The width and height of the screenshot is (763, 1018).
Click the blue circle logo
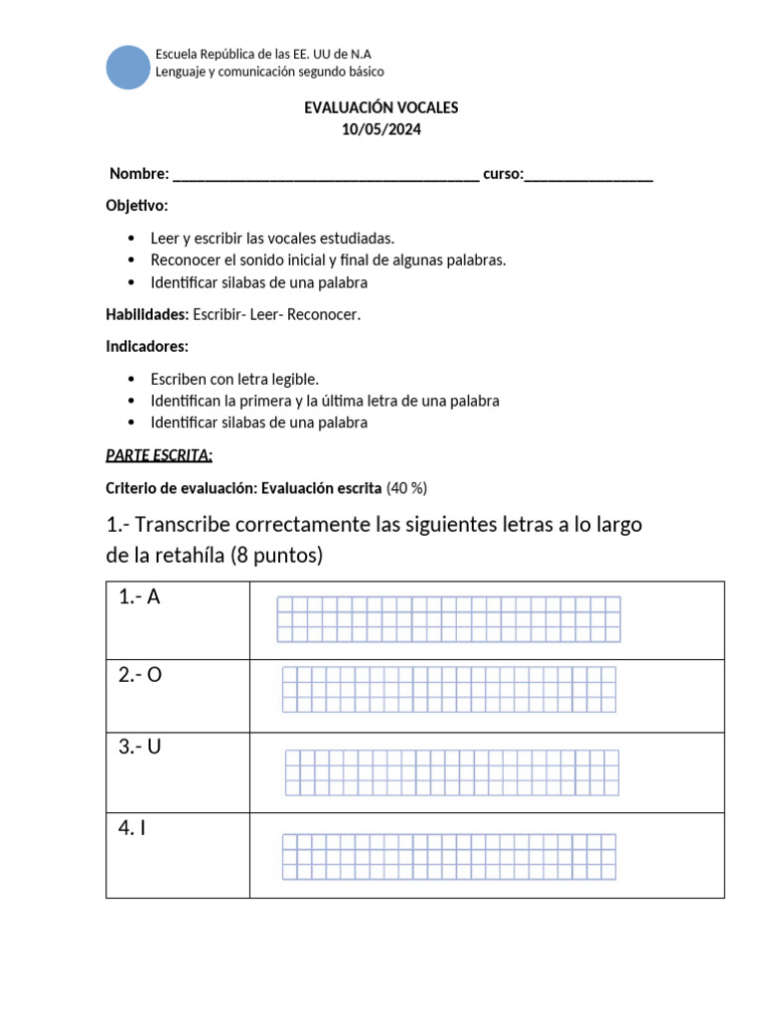(127, 67)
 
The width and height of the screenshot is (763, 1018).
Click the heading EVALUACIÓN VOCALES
(381, 107)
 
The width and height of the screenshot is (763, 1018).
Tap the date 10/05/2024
(381, 129)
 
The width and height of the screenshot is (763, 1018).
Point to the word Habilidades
(147, 314)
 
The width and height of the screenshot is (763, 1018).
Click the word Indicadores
(146, 346)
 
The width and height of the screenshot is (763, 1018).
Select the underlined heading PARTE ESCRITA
(159, 455)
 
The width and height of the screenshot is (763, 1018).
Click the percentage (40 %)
(406, 488)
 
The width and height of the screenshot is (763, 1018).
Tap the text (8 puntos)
(276, 556)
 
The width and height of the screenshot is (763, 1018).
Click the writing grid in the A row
(448, 619)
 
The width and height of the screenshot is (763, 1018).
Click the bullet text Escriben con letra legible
(234, 379)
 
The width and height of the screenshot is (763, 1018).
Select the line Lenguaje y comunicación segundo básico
(270, 72)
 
